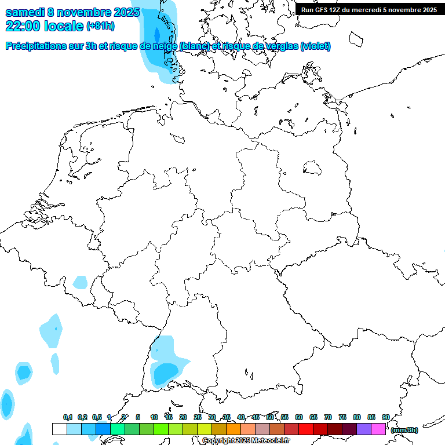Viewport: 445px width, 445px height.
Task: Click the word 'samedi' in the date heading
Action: [25, 12]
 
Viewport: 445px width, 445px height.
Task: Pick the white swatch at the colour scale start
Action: [59, 429]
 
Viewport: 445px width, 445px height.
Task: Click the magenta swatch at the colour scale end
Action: [378, 429]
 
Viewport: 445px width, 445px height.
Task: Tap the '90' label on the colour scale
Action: [385, 417]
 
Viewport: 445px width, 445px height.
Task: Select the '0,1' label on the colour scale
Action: [68, 417]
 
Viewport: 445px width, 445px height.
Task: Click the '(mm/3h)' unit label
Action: [404, 430]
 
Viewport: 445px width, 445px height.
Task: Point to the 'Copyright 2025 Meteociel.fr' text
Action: [246, 441]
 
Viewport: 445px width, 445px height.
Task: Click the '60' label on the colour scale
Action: [299, 417]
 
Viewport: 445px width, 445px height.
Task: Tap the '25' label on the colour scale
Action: [198, 417]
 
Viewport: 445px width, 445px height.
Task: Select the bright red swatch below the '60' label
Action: [306, 429]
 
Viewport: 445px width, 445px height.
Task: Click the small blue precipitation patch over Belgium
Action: [81, 282]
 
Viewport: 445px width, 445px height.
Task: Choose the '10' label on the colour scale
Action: [154, 417]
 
